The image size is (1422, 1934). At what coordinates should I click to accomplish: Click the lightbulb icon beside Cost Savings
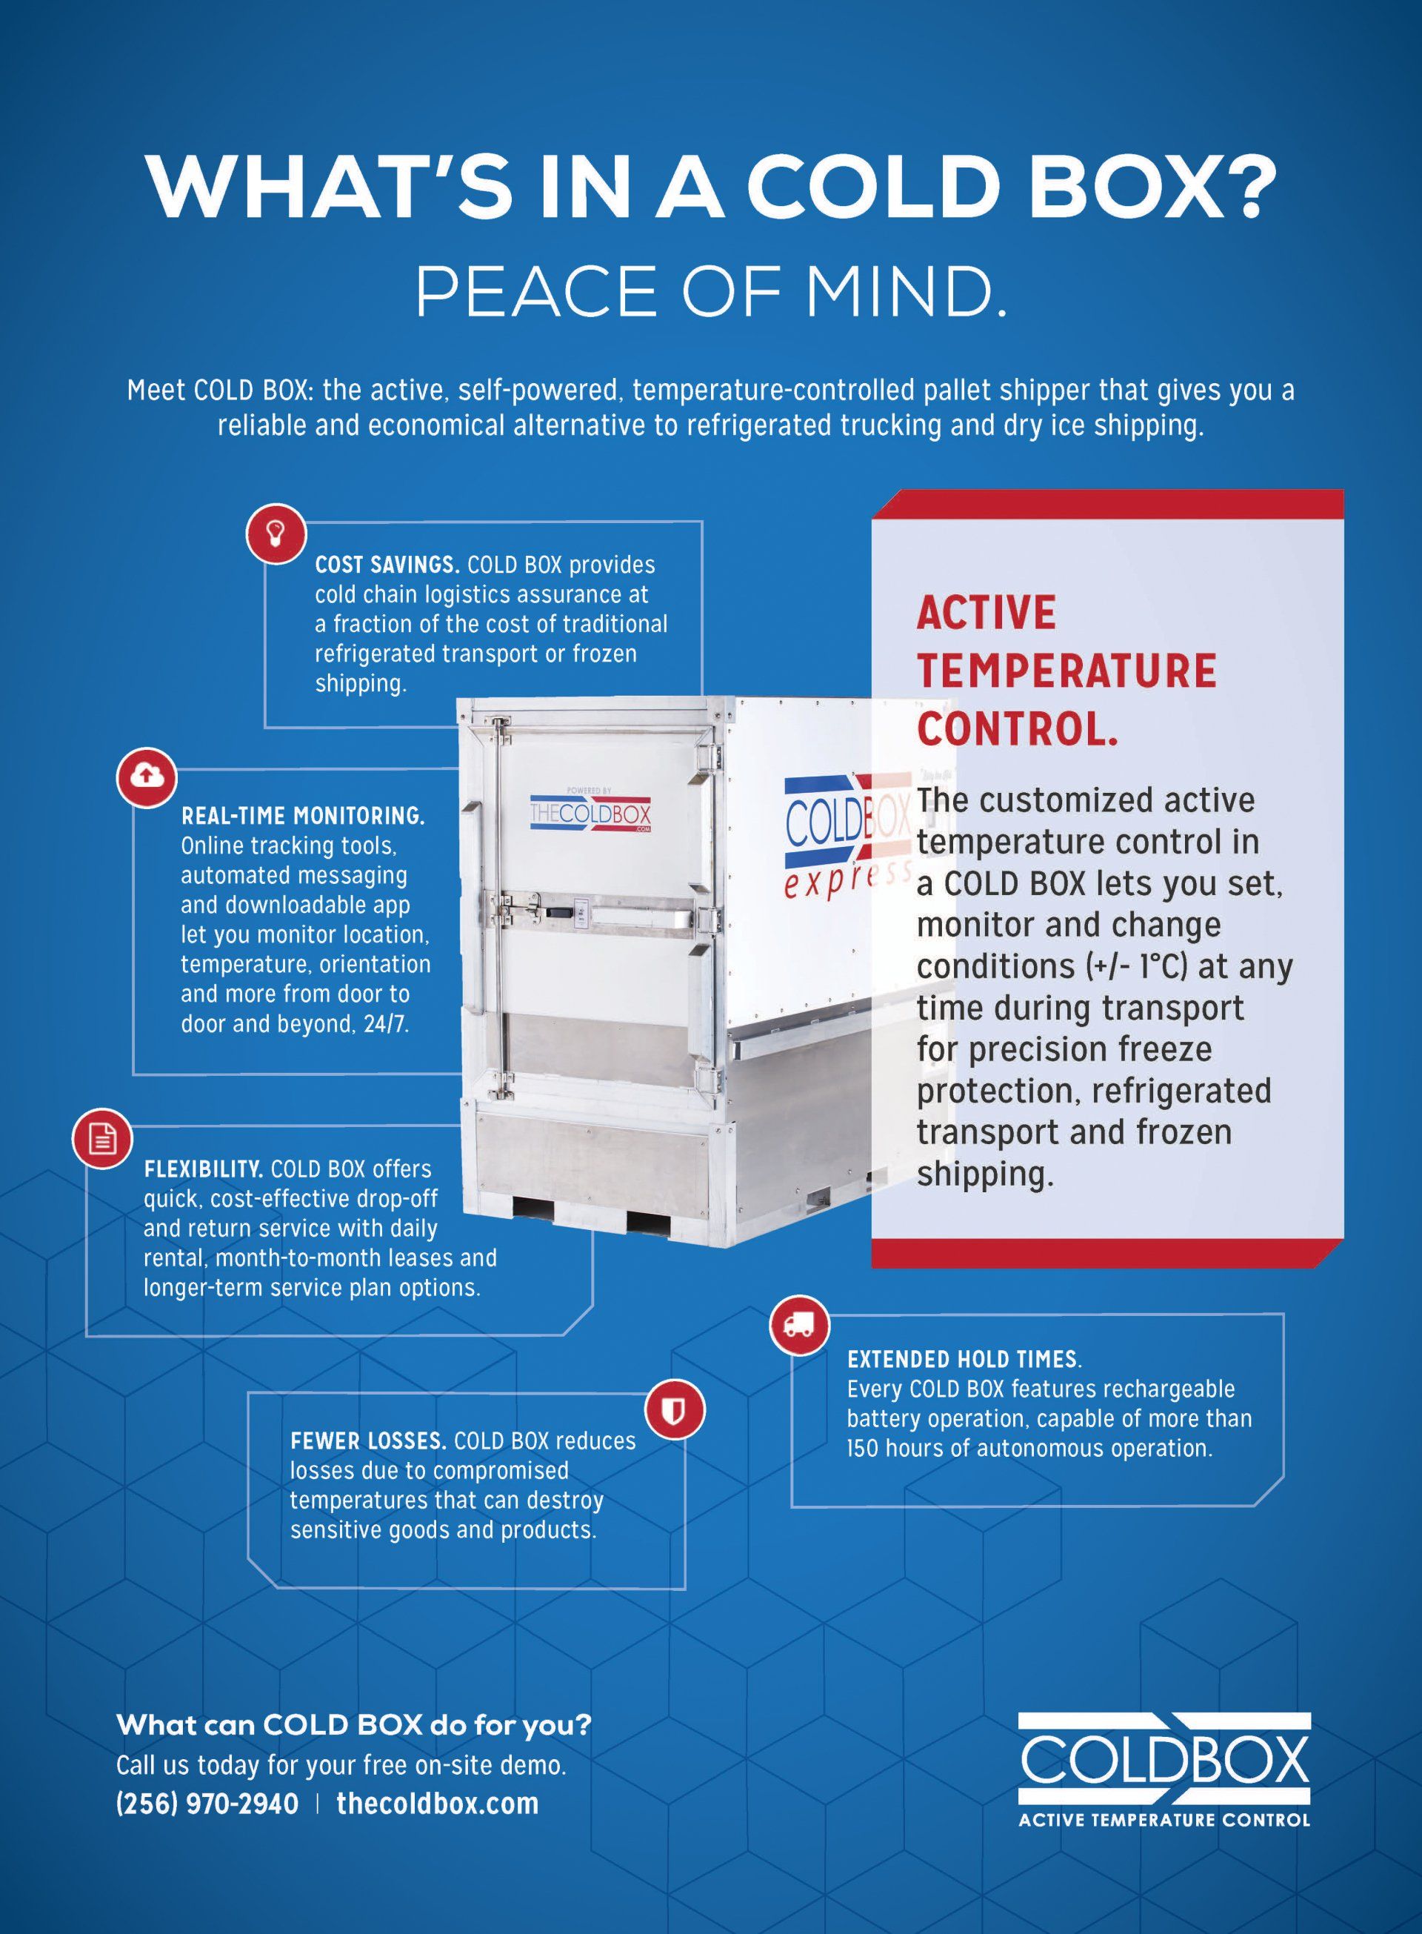(276, 532)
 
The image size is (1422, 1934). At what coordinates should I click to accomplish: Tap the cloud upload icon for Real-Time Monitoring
(147, 777)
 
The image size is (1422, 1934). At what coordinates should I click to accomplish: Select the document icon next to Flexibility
(102, 1138)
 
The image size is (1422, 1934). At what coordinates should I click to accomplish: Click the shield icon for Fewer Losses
(675, 1410)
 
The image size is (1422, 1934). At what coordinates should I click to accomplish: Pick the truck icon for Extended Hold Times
(799, 1323)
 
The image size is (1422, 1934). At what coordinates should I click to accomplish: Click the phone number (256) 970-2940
(207, 1804)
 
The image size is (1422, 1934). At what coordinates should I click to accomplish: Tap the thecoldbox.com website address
(437, 1804)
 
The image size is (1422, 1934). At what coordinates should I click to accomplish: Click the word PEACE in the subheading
(536, 292)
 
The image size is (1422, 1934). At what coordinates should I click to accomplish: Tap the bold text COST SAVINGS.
(387, 565)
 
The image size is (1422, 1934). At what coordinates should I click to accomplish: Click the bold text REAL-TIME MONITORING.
(302, 815)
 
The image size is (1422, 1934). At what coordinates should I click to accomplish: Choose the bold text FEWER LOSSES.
(367, 1441)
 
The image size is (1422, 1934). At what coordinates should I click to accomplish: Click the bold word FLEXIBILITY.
(203, 1169)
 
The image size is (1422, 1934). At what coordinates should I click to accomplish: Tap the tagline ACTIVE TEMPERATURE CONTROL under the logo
(1164, 1819)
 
